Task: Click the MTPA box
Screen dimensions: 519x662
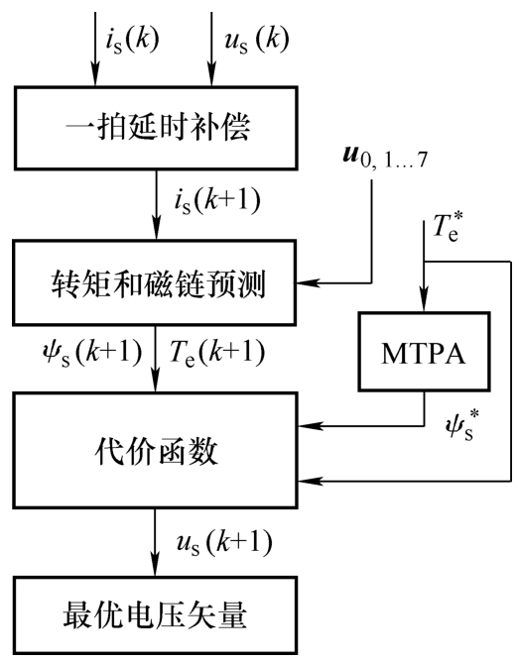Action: (x=424, y=352)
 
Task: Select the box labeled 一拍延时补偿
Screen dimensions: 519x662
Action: (x=156, y=129)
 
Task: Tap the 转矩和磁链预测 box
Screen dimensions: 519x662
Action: (x=154, y=282)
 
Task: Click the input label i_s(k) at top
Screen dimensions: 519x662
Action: (x=132, y=41)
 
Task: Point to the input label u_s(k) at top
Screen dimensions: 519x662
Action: (x=257, y=41)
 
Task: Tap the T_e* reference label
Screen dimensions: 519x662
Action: (x=448, y=227)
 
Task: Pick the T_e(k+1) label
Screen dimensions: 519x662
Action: (x=217, y=352)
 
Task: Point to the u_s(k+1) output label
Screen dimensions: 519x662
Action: (x=224, y=542)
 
